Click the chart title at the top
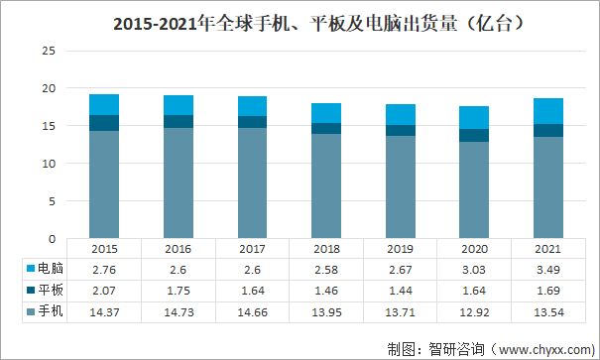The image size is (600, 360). point(318,24)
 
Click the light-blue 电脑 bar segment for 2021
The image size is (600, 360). point(548,111)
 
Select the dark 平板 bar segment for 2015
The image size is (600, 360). point(104,123)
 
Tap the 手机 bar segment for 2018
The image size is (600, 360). point(326,185)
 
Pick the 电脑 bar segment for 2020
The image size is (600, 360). point(474,117)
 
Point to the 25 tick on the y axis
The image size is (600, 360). point(49,51)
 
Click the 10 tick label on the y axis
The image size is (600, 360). point(49,164)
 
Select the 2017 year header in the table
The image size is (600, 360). point(252,249)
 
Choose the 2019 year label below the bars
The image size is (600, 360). point(400,249)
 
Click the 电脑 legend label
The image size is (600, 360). point(51,268)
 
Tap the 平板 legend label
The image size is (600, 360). point(51,290)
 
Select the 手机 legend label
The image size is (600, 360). point(51,310)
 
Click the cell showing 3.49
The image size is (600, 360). point(548,270)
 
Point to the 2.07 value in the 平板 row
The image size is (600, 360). point(104,291)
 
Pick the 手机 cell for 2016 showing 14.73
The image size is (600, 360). point(179,312)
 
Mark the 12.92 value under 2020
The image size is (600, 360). point(474,312)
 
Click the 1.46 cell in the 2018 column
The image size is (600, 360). point(326,291)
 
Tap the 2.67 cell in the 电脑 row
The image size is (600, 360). point(401,270)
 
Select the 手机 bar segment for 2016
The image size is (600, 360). point(179,182)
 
